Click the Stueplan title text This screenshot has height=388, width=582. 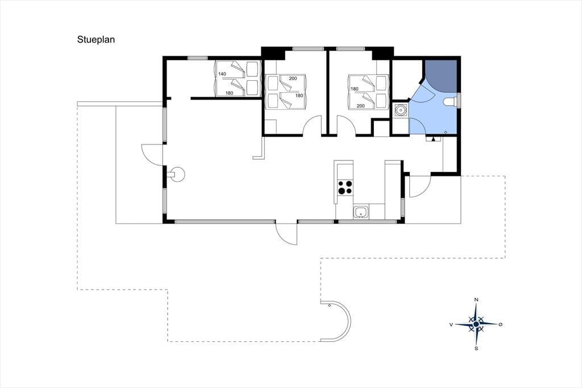point(95,40)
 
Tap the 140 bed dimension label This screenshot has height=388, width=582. point(222,74)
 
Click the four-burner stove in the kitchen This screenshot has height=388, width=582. point(345,187)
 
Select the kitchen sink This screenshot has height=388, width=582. point(361,212)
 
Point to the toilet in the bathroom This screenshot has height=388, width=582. point(451,101)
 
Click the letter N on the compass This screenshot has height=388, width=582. point(476,300)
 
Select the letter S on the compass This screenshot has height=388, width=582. point(476,348)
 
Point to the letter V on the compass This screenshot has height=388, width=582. point(451,324)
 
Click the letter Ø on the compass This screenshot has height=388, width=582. point(500,324)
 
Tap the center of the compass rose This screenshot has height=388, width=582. point(476,324)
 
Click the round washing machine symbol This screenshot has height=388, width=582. point(401,110)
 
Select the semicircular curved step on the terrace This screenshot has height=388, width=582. point(350,321)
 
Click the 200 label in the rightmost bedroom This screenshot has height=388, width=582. point(360,106)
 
